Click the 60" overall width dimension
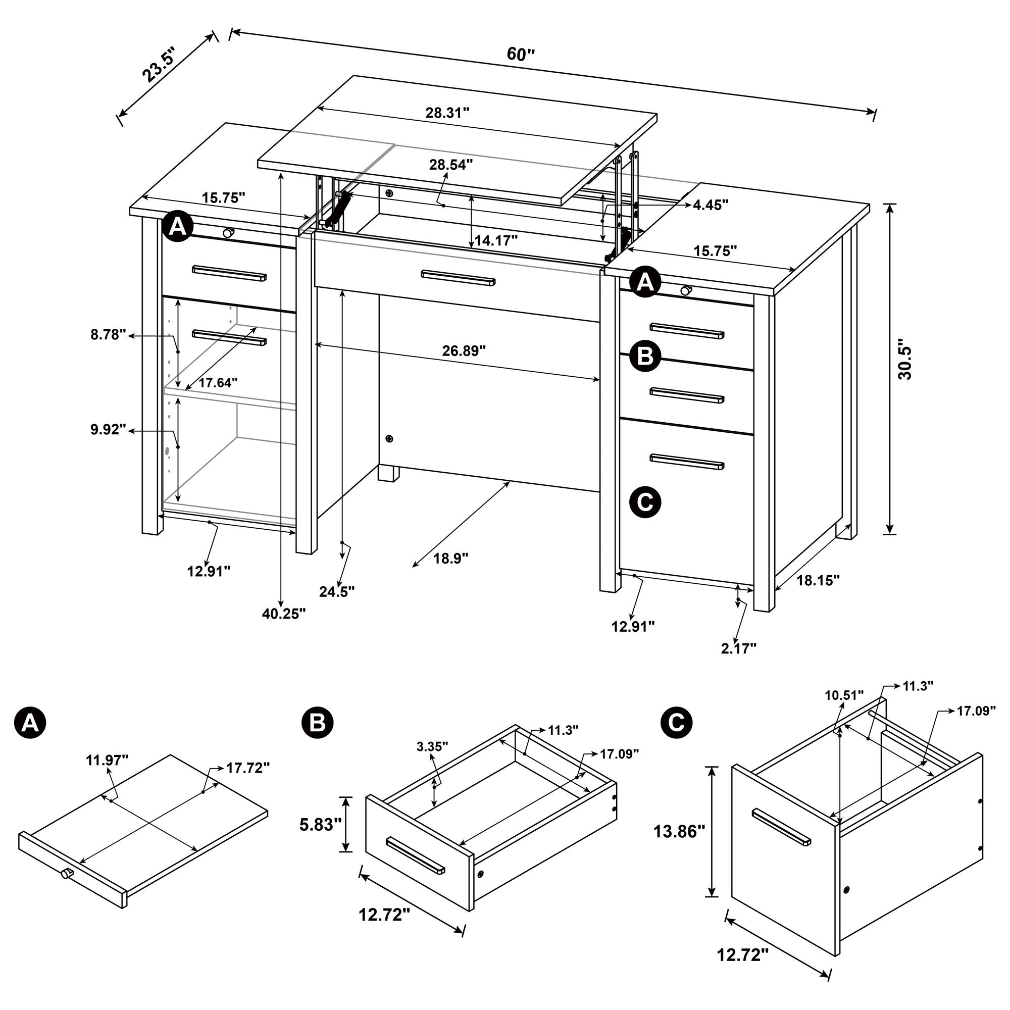tap(521, 55)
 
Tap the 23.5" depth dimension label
tap(160, 64)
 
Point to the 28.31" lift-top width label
tap(447, 113)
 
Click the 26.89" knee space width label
tap(464, 351)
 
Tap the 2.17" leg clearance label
tap(739, 648)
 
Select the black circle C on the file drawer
tap(645, 502)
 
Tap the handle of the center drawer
tap(458, 278)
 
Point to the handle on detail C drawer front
tap(781, 827)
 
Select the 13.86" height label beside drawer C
tap(679, 831)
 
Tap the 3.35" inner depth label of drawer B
tap(432, 746)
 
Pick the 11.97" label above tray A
tap(107, 760)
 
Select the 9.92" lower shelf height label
tap(108, 430)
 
